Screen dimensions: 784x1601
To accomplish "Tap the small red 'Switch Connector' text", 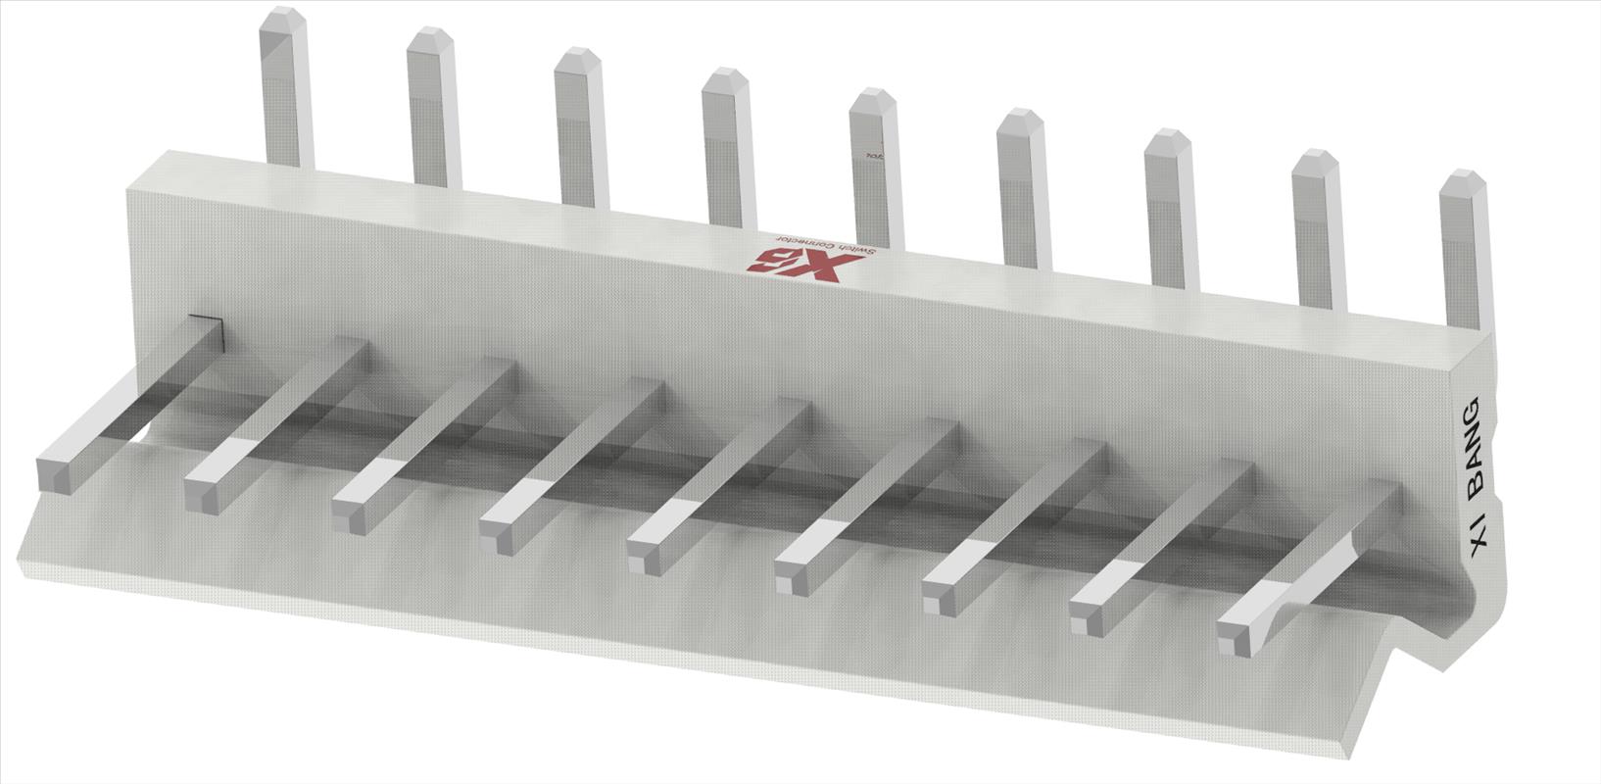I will (823, 245).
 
